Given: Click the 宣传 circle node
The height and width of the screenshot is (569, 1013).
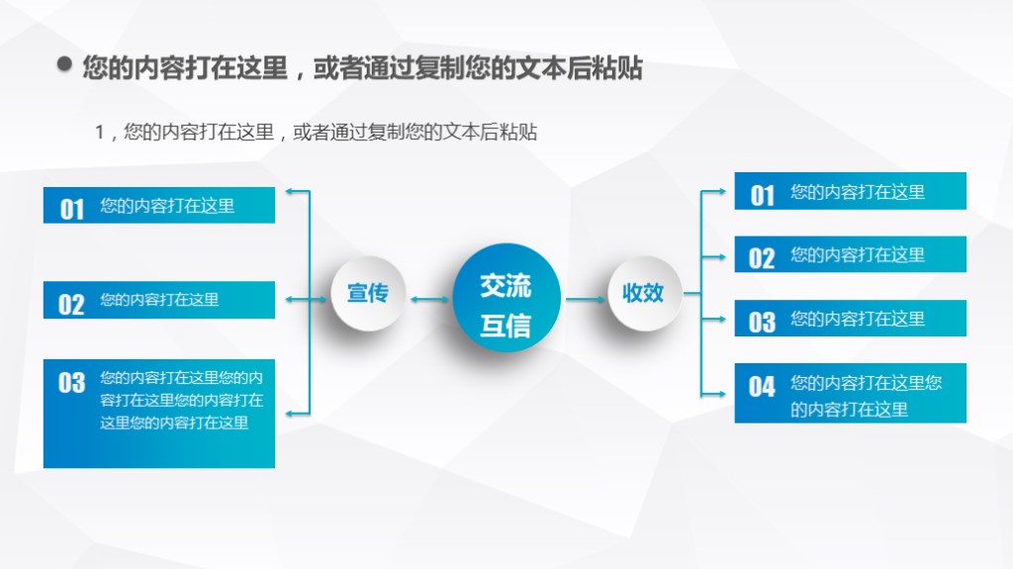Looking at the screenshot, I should click(367, 294).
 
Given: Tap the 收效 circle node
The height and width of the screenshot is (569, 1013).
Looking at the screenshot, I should click(643, 294).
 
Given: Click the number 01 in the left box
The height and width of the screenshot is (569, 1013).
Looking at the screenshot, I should click(72, 208).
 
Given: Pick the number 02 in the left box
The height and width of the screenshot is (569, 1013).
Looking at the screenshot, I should click(71, 303).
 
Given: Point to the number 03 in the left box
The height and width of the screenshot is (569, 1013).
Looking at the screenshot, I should click(71, 383).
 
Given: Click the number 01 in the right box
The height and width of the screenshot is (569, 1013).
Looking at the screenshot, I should click(762, 195).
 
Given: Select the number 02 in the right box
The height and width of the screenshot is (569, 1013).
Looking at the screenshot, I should click(762, 258).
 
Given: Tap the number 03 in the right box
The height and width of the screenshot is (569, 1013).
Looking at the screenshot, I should click(762, 322).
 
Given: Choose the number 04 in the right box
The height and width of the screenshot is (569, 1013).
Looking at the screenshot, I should click(762, 387).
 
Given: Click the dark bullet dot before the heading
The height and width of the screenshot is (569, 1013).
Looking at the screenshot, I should click(65, 66).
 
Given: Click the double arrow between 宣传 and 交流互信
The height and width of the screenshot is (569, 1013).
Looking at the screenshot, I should click(428, 297).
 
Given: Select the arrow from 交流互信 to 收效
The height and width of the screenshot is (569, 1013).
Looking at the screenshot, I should click(584, 297).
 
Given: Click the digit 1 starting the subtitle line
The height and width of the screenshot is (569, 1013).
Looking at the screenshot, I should click(100, 133).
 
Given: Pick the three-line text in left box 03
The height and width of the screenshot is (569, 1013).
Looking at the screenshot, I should click(180, 401).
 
